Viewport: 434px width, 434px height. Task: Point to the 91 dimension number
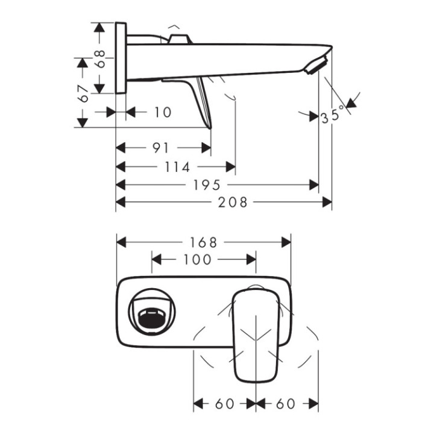coord(160,148)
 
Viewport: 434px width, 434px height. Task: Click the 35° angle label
coord(333,114)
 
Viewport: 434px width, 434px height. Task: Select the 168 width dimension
coord(203,242)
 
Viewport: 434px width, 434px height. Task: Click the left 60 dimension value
coord(224,403)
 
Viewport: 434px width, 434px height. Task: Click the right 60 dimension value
coord(286,403)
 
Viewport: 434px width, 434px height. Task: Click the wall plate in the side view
coord(121,58)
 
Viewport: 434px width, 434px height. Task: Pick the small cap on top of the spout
coord(180,40)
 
